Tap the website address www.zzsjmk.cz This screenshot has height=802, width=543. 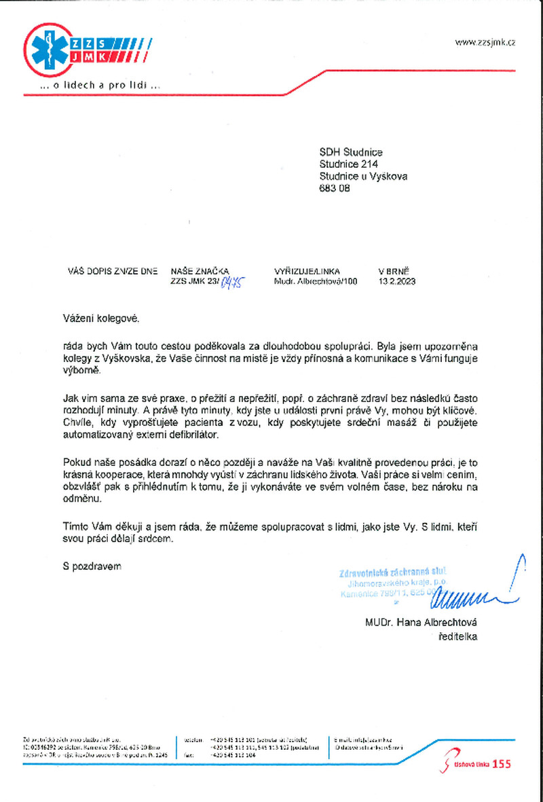pyautogui.click(x=485, y=42)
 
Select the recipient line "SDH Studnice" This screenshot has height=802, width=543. pyautogui.click(x=352, y=153)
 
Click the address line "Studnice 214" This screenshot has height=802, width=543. pyautogui.click(x=349, y=165)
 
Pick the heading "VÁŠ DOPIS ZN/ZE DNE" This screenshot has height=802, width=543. pyautogui.click(x=113, y=270)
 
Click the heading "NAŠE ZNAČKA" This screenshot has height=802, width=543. pyautogui.click(x=200, y=270)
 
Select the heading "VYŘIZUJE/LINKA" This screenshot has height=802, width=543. pyautogui.click(x=307, y=270)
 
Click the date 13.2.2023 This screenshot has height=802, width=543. pyautogui.click(x=397, y=281)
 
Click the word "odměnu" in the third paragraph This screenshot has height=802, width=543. pyautogui.click(x=80, y=498)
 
